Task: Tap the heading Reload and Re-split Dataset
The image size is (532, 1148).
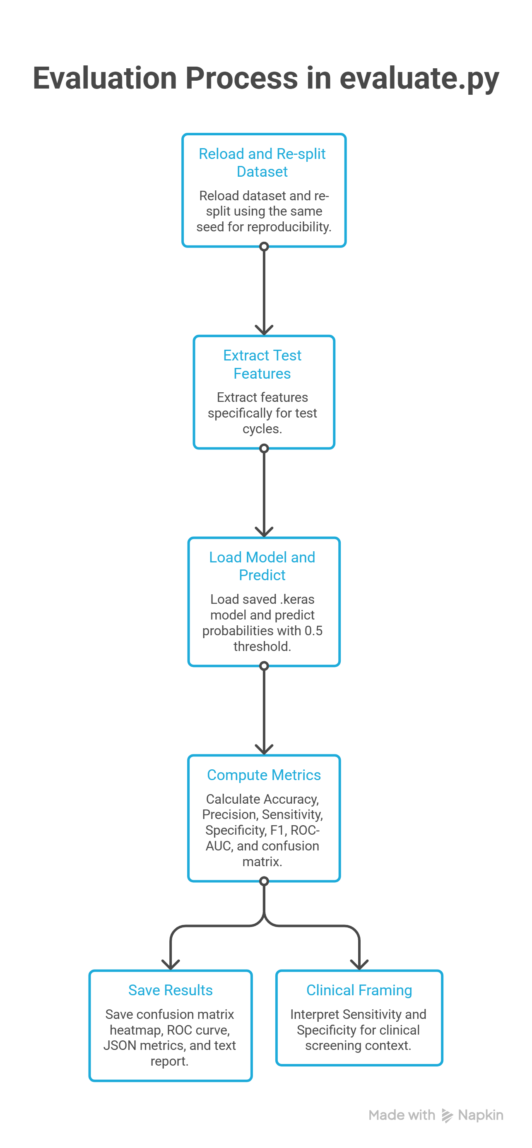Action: pyautogui.click(x=262, y=163)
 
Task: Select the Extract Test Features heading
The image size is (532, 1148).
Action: pyautogui.click(x=262, y=364)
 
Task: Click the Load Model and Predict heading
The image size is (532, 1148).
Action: pyautogui.click(x=262, y=566)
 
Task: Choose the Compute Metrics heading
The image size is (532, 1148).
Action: pyautogui.click(x=264, y=775)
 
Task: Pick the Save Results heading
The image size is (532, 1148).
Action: pyautogui.click(x=170, y=990)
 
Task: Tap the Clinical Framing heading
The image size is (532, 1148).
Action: pyautogui.click(x=359, y=990)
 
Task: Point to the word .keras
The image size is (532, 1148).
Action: pyautogui.click(x=297, y=599)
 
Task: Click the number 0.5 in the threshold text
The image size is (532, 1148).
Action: pyautogui.click(x=313, y=631)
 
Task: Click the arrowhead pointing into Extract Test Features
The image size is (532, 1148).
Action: pyautogui.click(x=264, y=330)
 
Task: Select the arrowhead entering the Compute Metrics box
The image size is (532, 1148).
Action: pyautogui.click(x=264, y=749)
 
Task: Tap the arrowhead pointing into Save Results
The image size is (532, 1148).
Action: pyautogui.click(x=170, y=965)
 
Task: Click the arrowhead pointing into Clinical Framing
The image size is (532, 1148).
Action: pyautogui.click(x=359, y=965)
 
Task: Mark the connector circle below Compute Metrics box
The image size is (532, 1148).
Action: pyautogui.click(x=264, y=881)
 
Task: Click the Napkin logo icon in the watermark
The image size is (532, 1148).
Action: pyautogui.click(x=447, y=1115)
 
